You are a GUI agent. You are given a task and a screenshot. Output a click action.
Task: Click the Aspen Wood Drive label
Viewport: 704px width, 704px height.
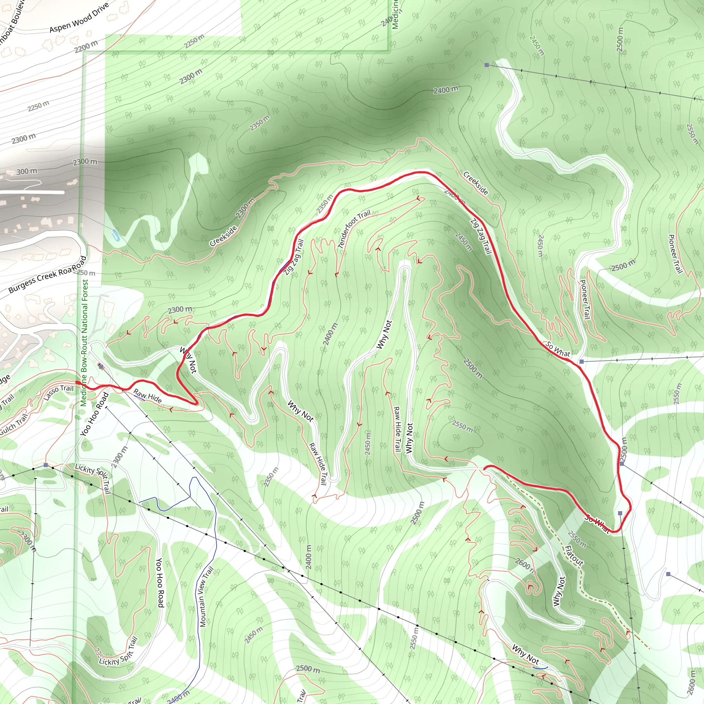[x=79, y=18]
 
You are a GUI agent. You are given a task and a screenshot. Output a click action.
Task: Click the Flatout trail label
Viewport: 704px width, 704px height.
[x=574, y=555]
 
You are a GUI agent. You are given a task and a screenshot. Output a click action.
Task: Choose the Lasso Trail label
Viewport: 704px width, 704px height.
[x=58, y=393]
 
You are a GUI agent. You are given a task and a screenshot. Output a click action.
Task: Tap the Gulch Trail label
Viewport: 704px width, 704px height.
[x=14, y=425]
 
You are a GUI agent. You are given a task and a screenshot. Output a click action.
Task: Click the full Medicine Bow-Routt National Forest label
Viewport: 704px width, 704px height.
[x=85, y=342]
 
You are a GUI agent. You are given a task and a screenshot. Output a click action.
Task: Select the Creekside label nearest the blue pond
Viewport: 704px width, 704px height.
[x=223, y=236]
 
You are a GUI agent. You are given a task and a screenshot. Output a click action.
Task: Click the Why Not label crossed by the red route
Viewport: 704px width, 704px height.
[x=188, y=360]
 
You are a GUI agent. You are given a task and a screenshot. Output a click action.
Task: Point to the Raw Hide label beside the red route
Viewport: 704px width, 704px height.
[x=147, y=396]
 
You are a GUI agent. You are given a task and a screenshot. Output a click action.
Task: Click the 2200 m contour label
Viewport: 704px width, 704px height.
[x=86, y=46]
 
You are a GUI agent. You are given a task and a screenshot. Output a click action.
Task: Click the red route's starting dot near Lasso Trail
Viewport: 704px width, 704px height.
[x=77, y=382]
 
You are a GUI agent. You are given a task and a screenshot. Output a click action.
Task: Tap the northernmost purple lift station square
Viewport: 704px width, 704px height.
[x=486, y=65]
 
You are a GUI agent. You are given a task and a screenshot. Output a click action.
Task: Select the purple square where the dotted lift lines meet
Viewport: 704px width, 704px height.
[x=46, y=465]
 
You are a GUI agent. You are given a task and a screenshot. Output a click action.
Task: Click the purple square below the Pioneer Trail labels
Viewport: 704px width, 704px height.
[x=582, y=362]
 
